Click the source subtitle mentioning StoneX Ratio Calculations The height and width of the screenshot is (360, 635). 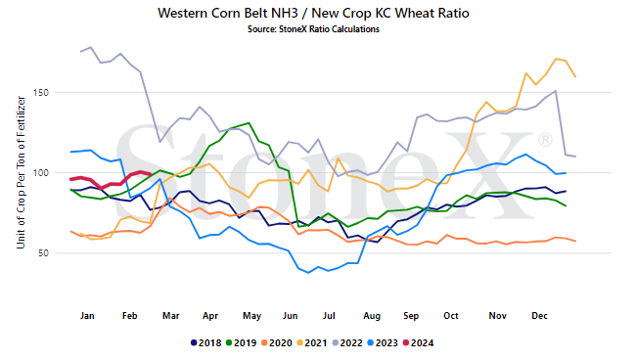(313, 29)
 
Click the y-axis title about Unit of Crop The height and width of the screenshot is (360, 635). (21, 172)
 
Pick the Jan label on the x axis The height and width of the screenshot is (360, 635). (87, 315)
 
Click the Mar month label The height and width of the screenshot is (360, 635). (170, 315)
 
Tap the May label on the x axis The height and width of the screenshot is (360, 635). (251, 315)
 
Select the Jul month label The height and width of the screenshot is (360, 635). (329, 315)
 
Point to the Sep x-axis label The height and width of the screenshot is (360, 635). (411, 315)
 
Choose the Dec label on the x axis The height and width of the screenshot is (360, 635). (539, 315)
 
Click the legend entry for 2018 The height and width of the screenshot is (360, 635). (205, 343)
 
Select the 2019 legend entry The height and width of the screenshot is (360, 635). (241, 343)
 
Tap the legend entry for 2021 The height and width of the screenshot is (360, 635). (311, 343)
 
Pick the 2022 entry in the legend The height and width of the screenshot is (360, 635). (347, 343)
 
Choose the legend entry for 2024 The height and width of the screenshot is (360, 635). (419, 343)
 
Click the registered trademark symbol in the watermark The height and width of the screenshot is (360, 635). (545, 140)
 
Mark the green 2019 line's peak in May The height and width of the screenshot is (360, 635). (249, 122)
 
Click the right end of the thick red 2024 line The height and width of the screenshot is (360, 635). (151, 174)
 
